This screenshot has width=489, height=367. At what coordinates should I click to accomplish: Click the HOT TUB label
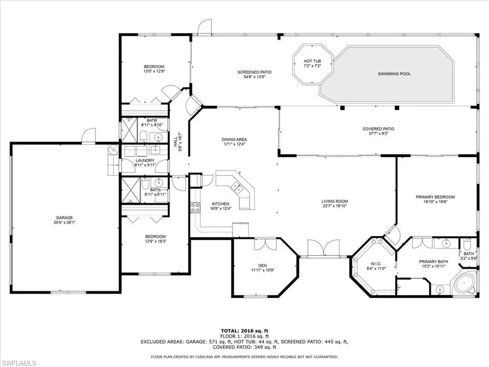point(312,61)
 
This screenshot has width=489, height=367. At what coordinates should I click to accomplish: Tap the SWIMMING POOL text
point(394,74)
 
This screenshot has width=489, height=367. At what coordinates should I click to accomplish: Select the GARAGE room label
point(64,218)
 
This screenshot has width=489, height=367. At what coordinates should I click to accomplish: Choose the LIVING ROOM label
point(334,201)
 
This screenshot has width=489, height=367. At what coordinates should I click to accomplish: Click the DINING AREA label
point(234,140)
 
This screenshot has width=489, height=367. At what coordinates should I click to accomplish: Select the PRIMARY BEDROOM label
point(435,197)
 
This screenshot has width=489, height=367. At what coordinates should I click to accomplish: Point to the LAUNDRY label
point(145,161)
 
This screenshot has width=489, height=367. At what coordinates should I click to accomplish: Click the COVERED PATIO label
point(378,129)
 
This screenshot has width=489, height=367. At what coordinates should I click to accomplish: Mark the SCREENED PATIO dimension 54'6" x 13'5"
point(257,77)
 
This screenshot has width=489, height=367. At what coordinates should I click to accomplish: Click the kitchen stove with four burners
point(195,207)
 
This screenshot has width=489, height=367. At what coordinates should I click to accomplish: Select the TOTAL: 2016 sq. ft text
point(244,331)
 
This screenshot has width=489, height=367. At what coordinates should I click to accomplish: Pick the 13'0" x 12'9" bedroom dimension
point(154,71)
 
